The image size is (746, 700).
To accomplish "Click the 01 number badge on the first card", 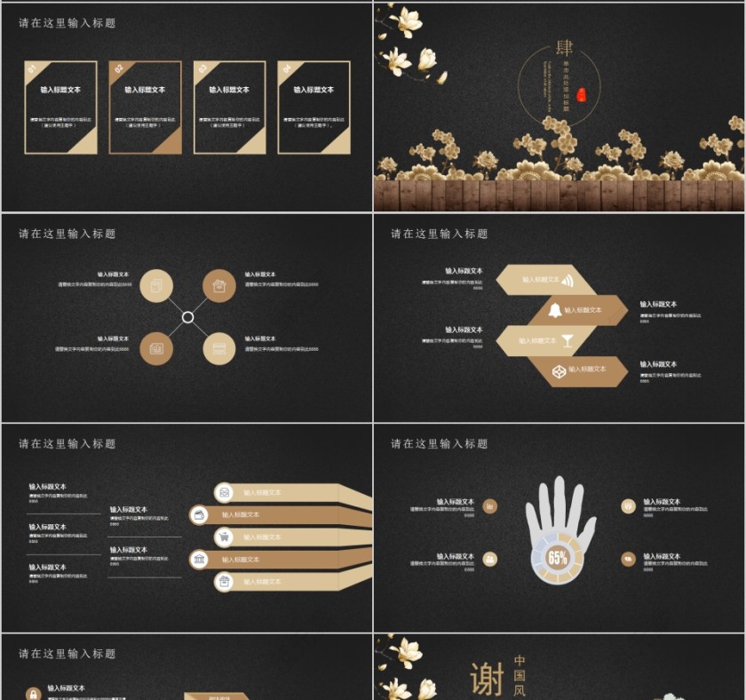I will (31, 68).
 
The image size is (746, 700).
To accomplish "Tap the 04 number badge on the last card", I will (286, 68).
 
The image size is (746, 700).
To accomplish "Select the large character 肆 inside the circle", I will (564, 48).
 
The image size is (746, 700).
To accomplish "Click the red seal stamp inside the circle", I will (582, 94).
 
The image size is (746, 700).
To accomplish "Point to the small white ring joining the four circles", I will (187, 317).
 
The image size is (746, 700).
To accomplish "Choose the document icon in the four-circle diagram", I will (156, 285).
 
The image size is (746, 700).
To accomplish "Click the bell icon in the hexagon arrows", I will (555, 310).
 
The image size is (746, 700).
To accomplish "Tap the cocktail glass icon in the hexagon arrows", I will (567, 340).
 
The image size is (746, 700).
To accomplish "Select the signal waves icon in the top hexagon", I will (567, 281).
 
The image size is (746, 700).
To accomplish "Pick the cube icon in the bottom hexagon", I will (559, 370).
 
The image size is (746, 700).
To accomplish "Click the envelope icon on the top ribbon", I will (225, 492).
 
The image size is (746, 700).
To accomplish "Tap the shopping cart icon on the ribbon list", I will (225, 537).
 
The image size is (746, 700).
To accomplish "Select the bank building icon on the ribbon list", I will (200, 559).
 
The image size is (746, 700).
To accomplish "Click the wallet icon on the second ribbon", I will (200, 514).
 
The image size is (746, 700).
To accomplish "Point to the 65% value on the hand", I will (557, 559).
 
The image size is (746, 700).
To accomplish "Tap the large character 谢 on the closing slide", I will (487, 679).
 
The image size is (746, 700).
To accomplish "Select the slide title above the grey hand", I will (440, 444).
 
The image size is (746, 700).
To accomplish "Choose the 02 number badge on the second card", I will (118, 68).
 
